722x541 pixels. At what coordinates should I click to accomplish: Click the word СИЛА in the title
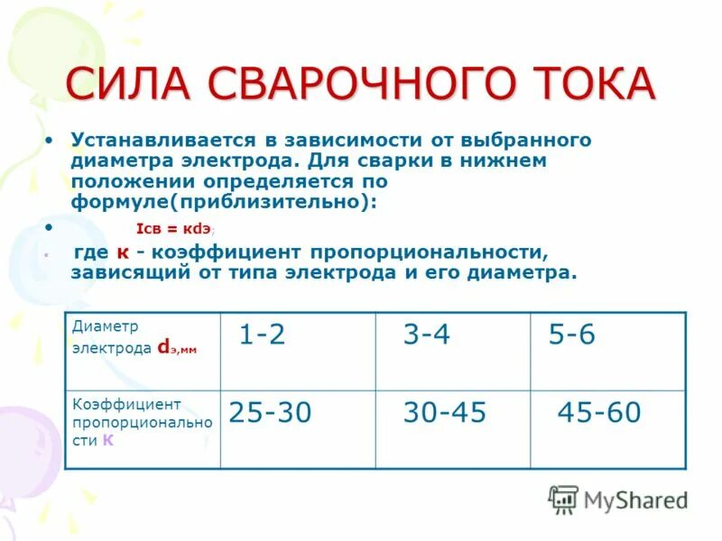click(x=130, y=85)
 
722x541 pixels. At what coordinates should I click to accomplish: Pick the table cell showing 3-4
click(x=426, y=335)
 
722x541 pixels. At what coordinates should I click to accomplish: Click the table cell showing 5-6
click(x=572, y=335)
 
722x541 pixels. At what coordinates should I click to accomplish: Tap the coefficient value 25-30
click(x=270, y=413)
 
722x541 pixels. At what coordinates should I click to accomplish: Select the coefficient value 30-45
click(x=444, y=413)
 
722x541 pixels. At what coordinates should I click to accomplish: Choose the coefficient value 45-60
click(x=599, y=413)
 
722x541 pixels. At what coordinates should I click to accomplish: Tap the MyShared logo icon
click(x=564, y=499)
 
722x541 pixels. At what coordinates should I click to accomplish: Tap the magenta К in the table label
click(x=108, y=441)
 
